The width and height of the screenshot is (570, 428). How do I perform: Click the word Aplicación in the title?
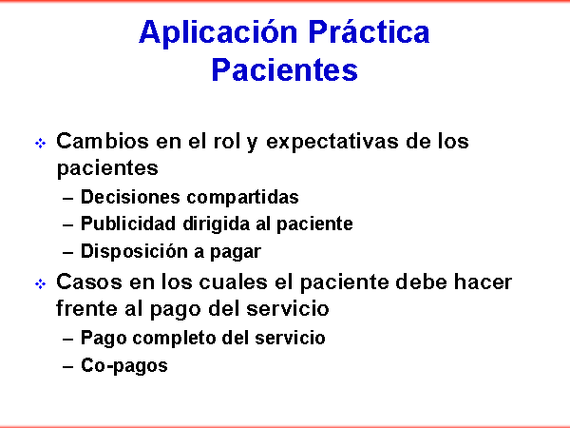coord(218,33)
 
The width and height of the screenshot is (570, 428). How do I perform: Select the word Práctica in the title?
coord(369,31)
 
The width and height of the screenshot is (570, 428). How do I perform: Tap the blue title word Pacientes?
coord(285,69)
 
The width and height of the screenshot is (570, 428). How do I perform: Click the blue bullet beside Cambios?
coord(40,143)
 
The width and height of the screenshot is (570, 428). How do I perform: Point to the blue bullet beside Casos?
coord(40,283)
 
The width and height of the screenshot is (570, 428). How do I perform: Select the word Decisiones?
coord(130,197)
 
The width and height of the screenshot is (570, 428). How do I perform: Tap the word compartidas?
coord(242,198)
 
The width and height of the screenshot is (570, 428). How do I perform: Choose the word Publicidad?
coord(128,224)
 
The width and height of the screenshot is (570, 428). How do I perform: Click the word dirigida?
coord(216,224)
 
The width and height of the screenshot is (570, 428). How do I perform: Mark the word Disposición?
coord(134,252)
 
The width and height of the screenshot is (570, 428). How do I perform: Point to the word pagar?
coord(236,253)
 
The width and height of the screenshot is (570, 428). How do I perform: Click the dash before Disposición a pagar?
coord(68,252)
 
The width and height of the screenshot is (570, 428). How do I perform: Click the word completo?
coord(174,339)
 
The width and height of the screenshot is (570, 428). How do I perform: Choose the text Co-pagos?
coord(124,366)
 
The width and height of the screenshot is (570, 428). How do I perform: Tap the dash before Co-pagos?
coord(68,367)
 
